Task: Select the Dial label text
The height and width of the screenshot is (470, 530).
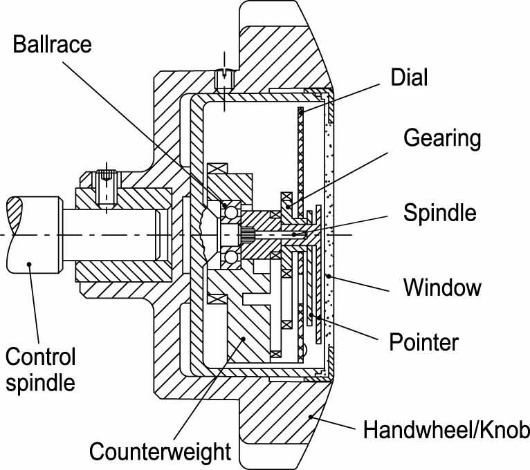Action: [409, 77]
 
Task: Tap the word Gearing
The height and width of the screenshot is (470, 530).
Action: [442, 138]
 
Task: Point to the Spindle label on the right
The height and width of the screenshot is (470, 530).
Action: [440, 211]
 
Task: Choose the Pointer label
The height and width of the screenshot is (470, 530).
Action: [423, 341]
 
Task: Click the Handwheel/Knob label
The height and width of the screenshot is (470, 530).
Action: [446, 431]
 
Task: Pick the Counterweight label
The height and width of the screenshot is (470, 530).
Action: [160, 452]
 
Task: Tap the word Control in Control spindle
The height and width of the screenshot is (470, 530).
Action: [40, 357]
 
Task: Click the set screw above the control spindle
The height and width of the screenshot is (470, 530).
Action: [106, 185]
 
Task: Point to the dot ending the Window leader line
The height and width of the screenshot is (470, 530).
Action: [328, 276]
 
